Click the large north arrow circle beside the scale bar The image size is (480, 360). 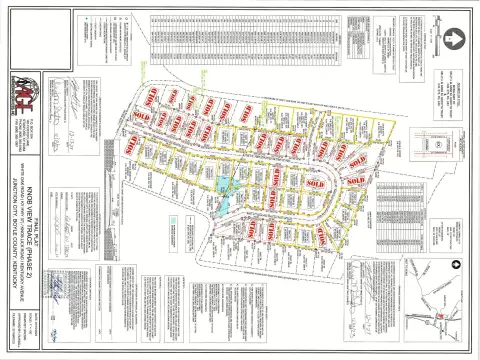452,38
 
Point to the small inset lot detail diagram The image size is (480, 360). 439,144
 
